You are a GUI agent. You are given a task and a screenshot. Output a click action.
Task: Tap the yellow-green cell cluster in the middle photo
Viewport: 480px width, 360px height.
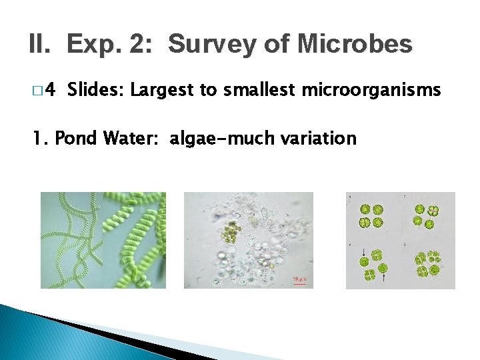(233, 232)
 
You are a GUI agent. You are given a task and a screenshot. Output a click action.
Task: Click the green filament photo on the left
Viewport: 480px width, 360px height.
(103, 240)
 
